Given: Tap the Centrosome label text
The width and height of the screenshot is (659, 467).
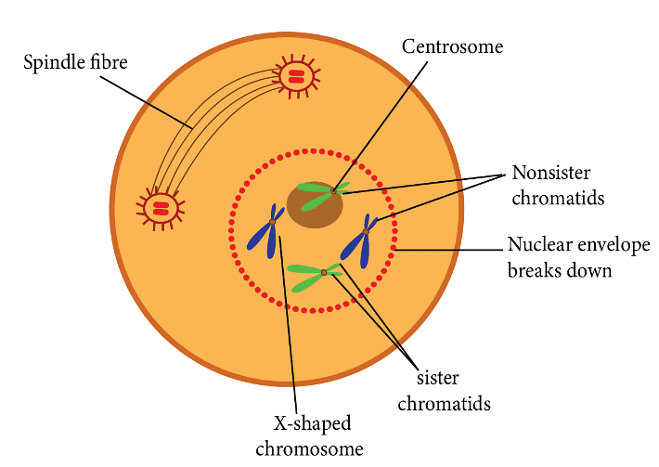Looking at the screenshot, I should [x=452, y=45].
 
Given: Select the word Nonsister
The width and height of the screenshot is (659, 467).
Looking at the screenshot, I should [x=551, y=174].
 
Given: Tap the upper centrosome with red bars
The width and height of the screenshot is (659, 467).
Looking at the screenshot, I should [x=294, y=76].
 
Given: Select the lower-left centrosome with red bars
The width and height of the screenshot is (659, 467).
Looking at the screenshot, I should [x=161, y=207].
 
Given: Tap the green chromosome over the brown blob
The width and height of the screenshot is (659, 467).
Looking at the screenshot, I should [x=320, y=193].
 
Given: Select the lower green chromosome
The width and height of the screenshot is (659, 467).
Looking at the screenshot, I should [x=316, y=275].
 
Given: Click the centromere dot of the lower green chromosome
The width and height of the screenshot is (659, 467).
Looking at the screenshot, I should [x=324, y=272].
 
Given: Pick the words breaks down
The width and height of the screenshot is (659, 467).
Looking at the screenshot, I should [x=559, y=271].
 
